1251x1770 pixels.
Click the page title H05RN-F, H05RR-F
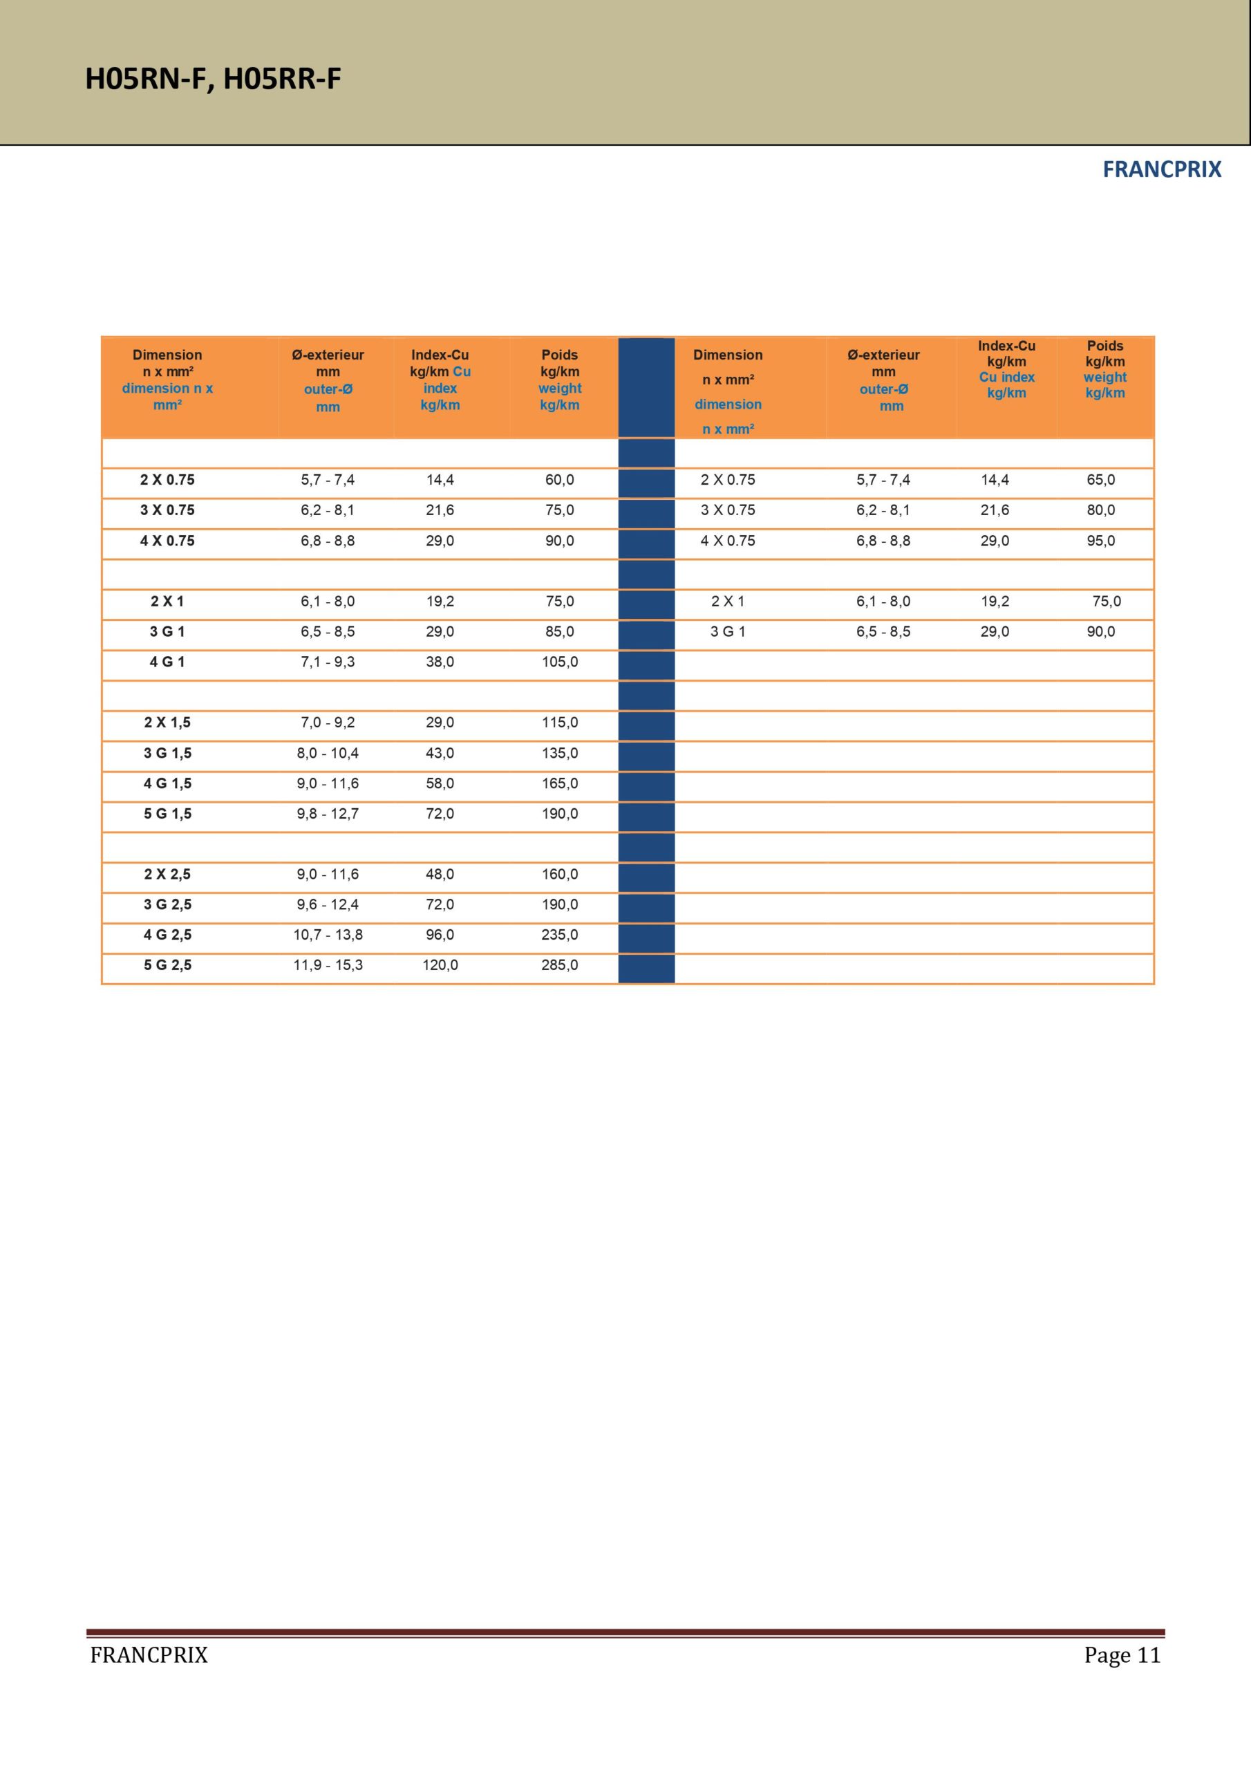(213, 79)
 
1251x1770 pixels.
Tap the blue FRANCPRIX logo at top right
(1161, 169)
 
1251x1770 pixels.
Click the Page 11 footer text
(1122, 1655)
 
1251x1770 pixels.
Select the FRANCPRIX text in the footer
(149, 1655)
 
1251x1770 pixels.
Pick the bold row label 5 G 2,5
(167, 965)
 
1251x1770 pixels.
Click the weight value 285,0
(560, 965)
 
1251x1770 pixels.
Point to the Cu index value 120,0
(440, 965)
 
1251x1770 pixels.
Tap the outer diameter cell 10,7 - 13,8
(328, 935)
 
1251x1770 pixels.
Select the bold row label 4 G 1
(167, 662)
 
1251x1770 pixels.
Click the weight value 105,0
(560, 662)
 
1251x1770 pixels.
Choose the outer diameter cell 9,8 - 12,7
(328, 814)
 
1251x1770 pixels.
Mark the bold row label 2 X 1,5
(167, 723)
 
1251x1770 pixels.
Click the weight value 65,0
(1101, 481)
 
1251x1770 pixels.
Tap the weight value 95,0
(1101, 541)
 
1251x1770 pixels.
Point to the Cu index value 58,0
(440, 784)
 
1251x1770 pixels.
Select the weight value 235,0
(560, 935)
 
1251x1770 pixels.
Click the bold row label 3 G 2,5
(167, 905)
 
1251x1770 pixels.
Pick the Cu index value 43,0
(440, 753)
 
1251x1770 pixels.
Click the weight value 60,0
(560, 481)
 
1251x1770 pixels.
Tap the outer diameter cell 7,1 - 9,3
(328, 662)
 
